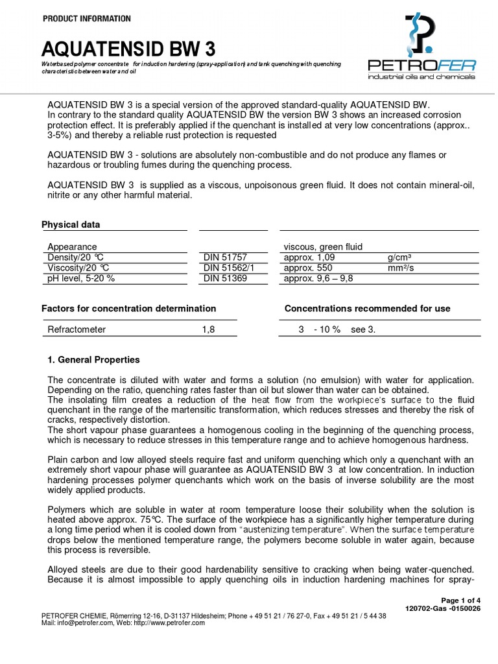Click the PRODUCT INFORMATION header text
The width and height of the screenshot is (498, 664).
[86, 19]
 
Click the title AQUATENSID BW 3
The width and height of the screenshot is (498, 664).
[128, 49]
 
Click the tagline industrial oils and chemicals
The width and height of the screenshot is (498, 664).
[421, 77]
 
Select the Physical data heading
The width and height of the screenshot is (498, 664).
[71, 225]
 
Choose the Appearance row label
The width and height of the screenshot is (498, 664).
[72, 246]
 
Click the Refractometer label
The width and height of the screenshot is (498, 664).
[77, 329]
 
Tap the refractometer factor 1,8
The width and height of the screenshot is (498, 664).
[207, 329]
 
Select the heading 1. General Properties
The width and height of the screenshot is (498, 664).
[94, 360]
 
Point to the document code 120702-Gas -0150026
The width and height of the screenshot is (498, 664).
[442, 609]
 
